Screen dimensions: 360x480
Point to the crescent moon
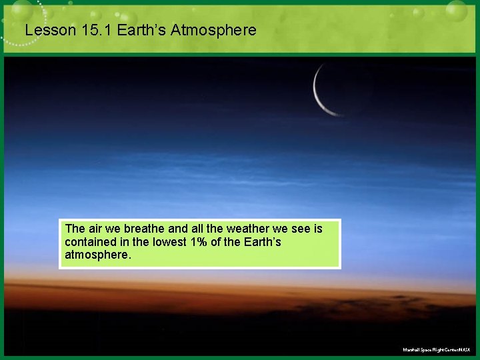[321, 93]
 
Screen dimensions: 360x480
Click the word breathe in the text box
[142, 229]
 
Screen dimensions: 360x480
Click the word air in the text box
[96, 229]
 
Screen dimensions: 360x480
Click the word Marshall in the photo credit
[412, 350]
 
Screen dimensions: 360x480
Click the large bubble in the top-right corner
[457, 10]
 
